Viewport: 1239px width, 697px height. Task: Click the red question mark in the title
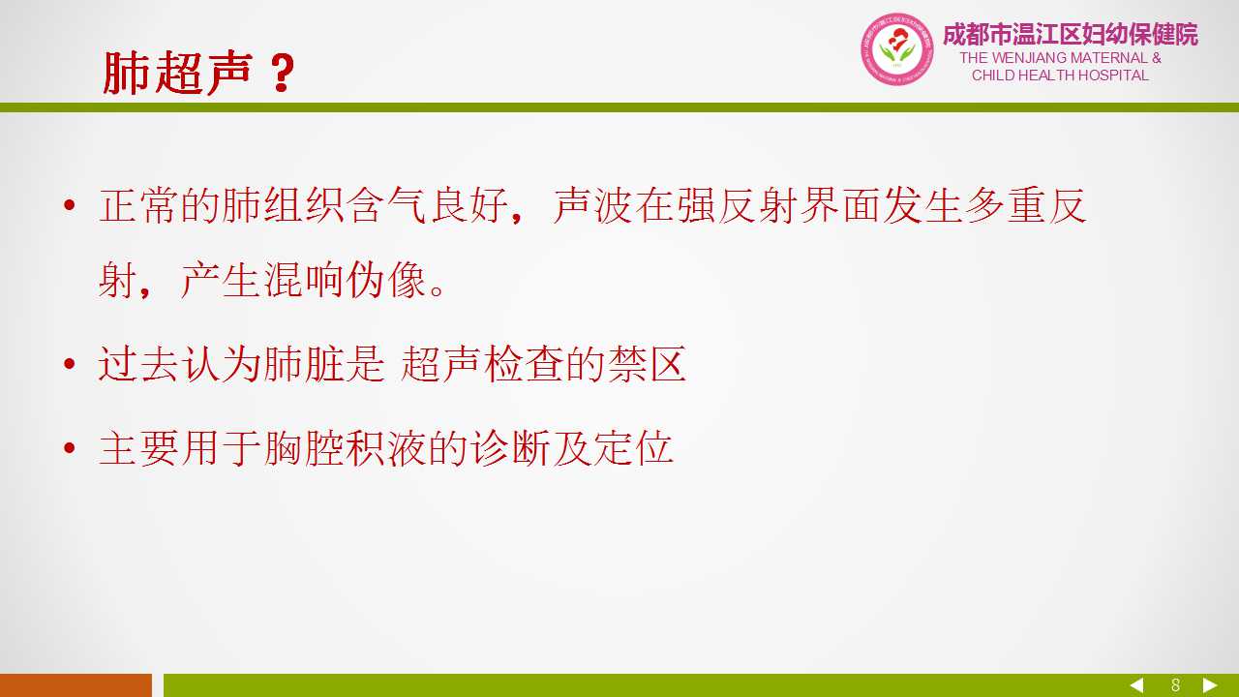coord(282,73)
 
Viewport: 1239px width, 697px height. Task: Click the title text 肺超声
coord(178,73)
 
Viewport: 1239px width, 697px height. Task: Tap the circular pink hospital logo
coord(896,49)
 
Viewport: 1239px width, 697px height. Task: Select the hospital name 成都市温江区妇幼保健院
coord(1071,34)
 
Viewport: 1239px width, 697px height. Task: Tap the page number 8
coord(1175,685)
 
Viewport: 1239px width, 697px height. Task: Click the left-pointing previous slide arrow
coord(1136,685)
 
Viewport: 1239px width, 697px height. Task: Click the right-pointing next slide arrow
coord(1210,685)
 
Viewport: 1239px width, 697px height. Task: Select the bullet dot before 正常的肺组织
coord(69,206)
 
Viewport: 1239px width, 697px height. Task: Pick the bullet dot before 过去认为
coord(69,364)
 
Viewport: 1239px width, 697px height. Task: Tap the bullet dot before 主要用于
coord(69,447)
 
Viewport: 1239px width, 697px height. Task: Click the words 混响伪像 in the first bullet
coord(345,280)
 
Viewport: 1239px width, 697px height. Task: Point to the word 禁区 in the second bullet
coord(647,364)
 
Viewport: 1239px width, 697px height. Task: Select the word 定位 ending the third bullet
coord(633,447)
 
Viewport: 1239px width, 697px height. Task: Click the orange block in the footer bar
coord(76,685)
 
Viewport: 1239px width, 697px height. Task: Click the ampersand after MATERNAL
coord(1156,57)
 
